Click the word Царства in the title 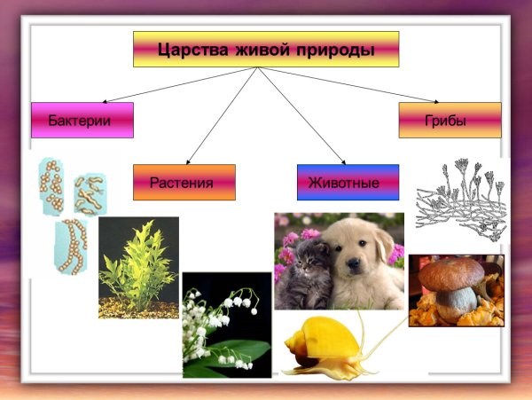point(192,51)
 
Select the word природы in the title point(335,51)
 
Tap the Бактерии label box point(82,120)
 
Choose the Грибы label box point(450,120)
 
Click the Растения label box point(184,182)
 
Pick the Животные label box point(348,182)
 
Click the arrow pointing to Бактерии point(179,85)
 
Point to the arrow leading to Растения point(222,115)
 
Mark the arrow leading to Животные point(302,115)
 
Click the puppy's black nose point(353,263)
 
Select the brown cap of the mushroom point(451,274)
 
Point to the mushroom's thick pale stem point(453,303)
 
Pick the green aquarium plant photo point(139,268)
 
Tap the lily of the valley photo point(227,325)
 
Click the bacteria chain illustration point(71,247)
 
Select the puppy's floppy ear point(385,245)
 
